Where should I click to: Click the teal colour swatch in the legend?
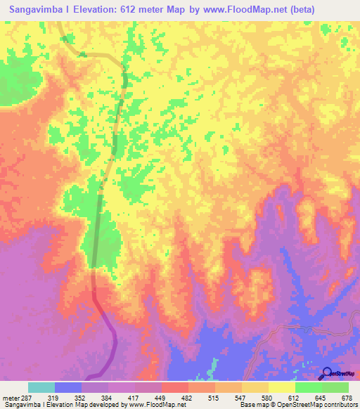click(x=41, y=387)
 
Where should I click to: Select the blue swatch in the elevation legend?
click(x=68, y=387)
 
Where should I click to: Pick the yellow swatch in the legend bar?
click(x=281, y=387)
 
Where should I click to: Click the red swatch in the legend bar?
click(x=174, y=387)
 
